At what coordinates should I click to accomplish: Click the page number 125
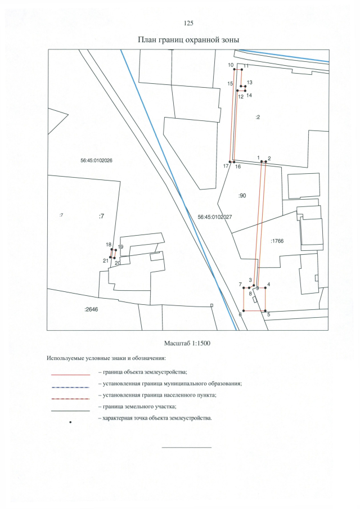click(188, 23)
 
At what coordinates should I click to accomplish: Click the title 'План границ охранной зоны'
click(188, 40)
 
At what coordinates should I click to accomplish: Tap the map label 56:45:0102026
click(96, 160)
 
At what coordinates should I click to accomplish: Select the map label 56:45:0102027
click(215, 217)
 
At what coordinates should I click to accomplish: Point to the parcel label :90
click(242, 196)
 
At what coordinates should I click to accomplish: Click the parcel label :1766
click(277, 241)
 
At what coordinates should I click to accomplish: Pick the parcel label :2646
click(91, 309)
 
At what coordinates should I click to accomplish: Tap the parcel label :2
click(258, 117)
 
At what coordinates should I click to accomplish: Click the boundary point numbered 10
click(235, 69)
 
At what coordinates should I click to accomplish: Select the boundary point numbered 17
click(230, 161)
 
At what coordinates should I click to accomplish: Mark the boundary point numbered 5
click(265, 310)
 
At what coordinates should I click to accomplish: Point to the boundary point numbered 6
click(244, 310)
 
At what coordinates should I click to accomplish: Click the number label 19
click(121, 247)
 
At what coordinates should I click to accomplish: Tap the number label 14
click(249, 96)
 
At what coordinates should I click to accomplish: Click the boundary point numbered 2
click(265, 161)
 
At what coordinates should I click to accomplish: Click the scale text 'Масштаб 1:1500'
click(187, 343)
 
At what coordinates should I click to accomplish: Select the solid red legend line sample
click(70, 375)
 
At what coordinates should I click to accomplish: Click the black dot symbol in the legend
click(70, 422)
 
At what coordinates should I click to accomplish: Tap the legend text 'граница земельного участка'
click(139, 406)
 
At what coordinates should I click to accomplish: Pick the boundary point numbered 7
click(244, 287)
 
